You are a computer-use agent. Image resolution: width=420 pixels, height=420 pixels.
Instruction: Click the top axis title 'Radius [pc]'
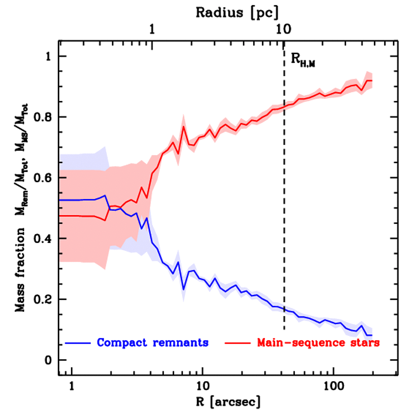[237, 12]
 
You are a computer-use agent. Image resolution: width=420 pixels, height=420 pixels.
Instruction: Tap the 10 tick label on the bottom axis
[202, 386]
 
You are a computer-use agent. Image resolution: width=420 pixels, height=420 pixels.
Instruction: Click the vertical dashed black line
[284, 205]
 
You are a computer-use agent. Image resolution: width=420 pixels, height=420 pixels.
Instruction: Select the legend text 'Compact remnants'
[153, 342]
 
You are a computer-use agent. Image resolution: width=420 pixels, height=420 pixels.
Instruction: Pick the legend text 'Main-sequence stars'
[318, 342]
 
